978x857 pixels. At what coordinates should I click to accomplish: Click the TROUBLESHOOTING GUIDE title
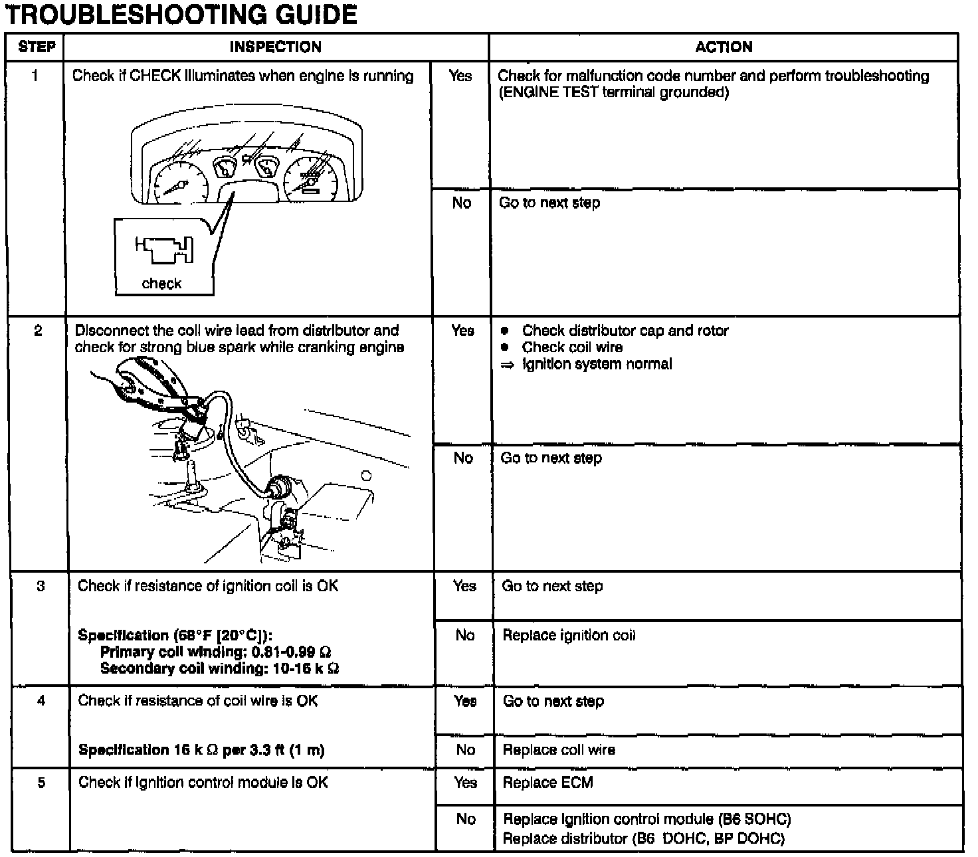click(181, 14)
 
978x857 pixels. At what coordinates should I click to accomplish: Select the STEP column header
click(37, 47)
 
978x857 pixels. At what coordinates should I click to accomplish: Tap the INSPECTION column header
click(275, 47)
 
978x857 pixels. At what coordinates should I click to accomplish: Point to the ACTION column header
click(724, 47)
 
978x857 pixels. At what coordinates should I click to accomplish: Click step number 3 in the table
click(41, 586)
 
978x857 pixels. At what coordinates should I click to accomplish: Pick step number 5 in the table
click(41, 782)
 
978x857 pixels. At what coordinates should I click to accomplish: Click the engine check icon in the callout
click(165, 250)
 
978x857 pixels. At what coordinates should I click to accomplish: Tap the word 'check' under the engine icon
click(161, 284)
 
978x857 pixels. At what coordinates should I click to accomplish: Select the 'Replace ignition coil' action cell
click(569, 635)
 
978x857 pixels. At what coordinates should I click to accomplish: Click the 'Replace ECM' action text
click(547, 782)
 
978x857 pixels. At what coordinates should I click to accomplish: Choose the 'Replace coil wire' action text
click(559, 750)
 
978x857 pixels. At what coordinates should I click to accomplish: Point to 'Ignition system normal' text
click(597, 364)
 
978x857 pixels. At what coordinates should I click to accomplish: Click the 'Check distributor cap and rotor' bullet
click(625, 331)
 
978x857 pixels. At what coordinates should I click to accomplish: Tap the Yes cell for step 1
click(460, 76)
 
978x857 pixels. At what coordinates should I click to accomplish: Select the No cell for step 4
click(466, 750)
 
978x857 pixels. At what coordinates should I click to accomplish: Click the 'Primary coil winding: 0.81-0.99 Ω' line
click(215, 652)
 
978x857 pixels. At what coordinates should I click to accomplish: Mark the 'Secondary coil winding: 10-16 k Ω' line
click(219, 668)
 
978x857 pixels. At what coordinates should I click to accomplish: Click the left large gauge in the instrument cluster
click(175, 183)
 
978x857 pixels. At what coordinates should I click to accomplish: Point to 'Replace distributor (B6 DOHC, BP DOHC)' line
click(643, 838)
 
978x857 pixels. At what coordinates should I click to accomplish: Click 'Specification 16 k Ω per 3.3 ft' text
click(201, 750)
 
